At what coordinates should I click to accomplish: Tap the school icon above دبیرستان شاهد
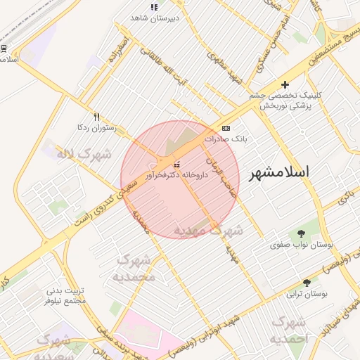154,8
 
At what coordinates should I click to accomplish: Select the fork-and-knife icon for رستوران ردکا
96,117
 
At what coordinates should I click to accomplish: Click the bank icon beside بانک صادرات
225,128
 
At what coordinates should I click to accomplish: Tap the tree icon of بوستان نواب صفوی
302,233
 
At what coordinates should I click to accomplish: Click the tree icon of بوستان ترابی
306,282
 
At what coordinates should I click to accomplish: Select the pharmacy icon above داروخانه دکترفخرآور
176,165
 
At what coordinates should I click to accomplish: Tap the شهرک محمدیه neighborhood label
134,268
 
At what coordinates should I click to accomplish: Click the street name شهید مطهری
224,67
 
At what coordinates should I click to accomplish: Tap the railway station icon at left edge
4,49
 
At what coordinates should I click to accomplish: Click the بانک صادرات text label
225,139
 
